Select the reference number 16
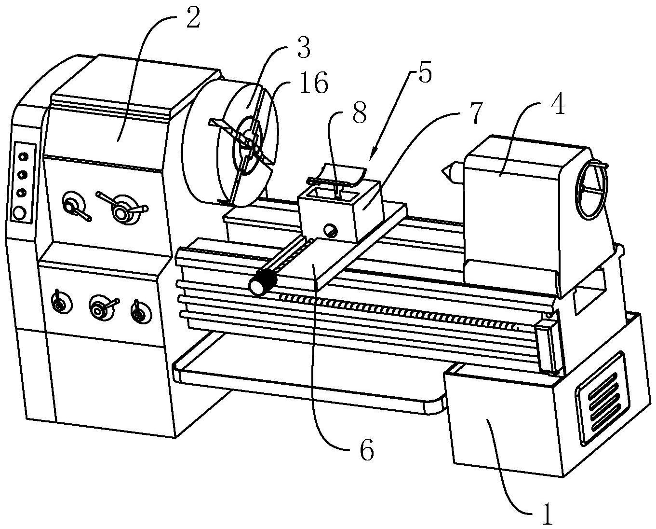(314, 83)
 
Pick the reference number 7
(476, 112)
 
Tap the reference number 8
(359, 113)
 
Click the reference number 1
(547, 515)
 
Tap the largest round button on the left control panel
(19, 213)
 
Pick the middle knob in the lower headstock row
(99, 308)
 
